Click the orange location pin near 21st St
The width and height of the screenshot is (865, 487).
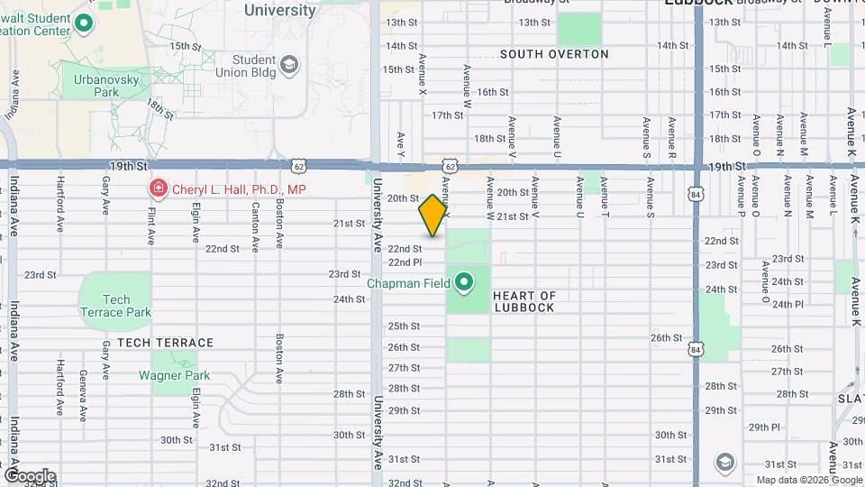[x=432, y=216]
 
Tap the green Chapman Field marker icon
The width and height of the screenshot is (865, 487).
[x=465, y=284]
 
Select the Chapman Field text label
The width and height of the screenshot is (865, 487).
[x=407, y=284]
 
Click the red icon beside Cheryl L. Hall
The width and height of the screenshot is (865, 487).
[x=158, y=188]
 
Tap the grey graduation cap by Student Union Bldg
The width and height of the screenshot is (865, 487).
[x=289, y=65]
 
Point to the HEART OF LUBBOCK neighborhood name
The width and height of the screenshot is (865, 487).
[x=524, y=301]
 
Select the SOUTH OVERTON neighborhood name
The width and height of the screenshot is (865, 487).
[x=554, y=54]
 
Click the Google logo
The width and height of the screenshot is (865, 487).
[x=29, y=475]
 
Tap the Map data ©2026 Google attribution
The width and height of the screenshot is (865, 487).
[x=808, y=480]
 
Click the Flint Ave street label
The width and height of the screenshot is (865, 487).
[x=151, y=223]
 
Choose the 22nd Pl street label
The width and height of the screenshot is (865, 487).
[x=405, y=262]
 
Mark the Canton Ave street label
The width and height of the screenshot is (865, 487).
[x=256, y=225]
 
